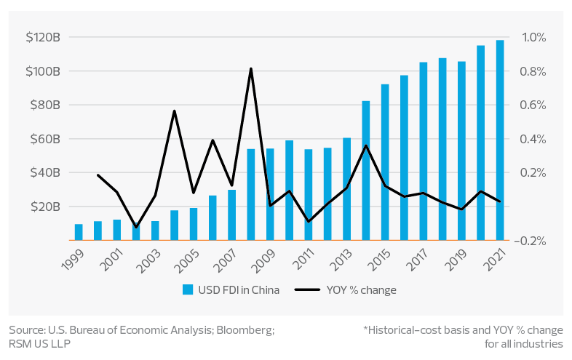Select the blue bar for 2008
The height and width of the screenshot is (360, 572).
coord(251,194)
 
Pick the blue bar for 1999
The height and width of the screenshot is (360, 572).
coord(79,232)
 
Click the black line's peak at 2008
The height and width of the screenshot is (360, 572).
coord(251,69)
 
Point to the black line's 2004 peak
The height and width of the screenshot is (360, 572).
coord(175,111)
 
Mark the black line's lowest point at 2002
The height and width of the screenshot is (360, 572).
coord(136,228)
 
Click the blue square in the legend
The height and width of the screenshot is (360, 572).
coord(188,290)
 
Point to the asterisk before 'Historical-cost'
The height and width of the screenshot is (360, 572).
coord(365,329)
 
